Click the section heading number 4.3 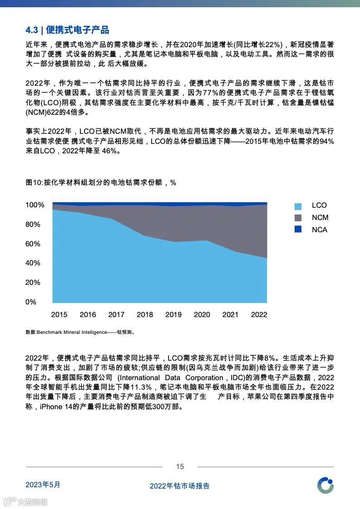tap(31, 30)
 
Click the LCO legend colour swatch tap(298, 206)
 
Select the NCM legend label tap(320, 218)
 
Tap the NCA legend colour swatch tap(298, 230)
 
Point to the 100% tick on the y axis tap(35, 205)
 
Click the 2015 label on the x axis tap(59, 315)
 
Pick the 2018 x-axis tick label tap(145, 315)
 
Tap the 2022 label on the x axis tap(259, 315)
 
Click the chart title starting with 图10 tap(101, 182)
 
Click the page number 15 tap(180, 467)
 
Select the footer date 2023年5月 tap(43, 485)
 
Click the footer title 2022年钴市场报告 tap(180, 486)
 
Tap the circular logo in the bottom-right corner tap(325, 485)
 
